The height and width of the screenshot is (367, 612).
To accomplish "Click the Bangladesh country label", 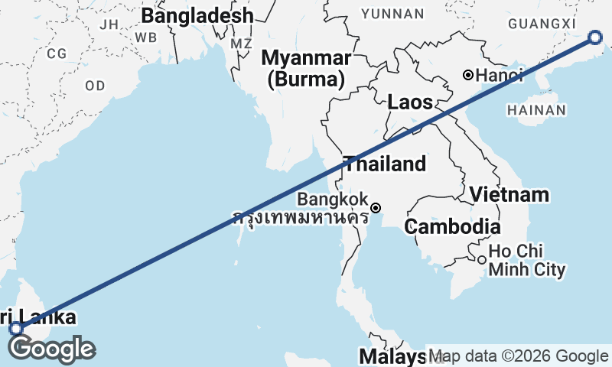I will [197, 16].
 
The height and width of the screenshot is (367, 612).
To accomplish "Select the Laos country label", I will [410, 102].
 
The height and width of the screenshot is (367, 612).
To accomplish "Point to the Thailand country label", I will [384, 164].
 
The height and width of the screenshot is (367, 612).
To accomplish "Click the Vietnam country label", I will [509, 195].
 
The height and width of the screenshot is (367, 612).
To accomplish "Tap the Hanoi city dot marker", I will [468, 75].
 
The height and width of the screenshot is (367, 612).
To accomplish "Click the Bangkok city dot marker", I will [376, 207].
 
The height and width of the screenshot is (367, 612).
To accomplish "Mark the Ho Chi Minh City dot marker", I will [481, 260].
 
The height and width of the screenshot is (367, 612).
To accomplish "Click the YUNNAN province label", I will [392, 14].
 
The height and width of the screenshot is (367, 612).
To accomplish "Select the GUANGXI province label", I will [541, 24].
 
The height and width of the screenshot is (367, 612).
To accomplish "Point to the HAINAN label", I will [536, 110].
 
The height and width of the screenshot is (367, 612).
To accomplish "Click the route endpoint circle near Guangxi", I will [596, 38].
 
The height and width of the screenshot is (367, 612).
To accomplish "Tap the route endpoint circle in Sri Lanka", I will [16, 329].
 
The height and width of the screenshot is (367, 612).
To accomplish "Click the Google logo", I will [51, 349].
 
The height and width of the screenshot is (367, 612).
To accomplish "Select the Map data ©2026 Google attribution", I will [519, 356].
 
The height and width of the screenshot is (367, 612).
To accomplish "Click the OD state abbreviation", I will [95, 86].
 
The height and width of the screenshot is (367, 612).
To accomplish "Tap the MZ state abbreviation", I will [241, 44].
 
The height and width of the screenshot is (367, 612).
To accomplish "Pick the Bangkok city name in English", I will [332, 199].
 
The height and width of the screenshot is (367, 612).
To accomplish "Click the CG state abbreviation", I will [57, 54].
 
